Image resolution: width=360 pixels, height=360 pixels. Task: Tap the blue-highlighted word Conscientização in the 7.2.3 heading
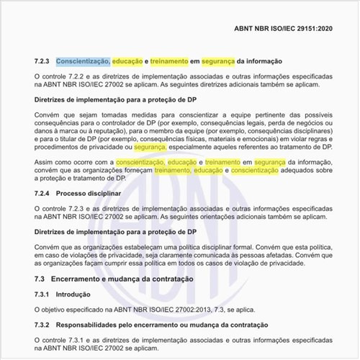point(83,61)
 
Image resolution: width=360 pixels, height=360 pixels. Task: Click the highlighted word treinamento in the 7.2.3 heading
point(168,61)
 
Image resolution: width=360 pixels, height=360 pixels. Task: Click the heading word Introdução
point(75,294)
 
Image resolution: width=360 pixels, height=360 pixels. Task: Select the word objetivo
point(56,310)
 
